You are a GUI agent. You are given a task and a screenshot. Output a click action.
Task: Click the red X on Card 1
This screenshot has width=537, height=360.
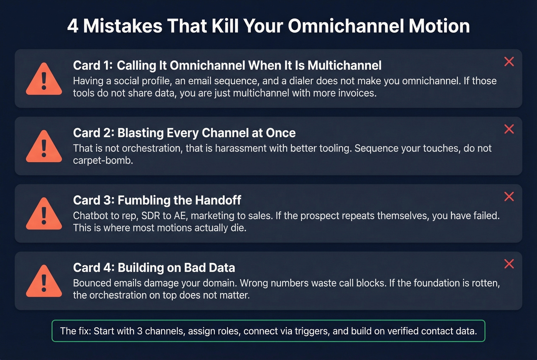point(509,62)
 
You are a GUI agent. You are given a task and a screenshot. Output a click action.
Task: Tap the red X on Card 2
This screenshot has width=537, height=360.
point(509,129)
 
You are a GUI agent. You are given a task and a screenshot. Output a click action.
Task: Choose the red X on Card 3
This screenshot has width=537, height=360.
point(509,197)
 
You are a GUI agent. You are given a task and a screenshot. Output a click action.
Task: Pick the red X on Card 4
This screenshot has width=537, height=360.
point(509,264)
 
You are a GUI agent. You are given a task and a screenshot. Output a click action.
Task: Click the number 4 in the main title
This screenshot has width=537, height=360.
point(73,26)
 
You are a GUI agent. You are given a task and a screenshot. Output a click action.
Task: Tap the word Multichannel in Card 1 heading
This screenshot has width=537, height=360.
point(344,66)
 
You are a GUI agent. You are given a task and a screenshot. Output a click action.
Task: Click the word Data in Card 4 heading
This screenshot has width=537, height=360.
point(222,268)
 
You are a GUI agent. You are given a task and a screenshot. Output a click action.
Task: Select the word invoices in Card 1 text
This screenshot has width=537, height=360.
point(356,93)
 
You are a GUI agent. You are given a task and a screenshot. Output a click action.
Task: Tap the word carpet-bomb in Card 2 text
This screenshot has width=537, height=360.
point(102,161)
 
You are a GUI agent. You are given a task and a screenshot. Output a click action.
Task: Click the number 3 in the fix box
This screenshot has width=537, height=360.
point(140,331)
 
